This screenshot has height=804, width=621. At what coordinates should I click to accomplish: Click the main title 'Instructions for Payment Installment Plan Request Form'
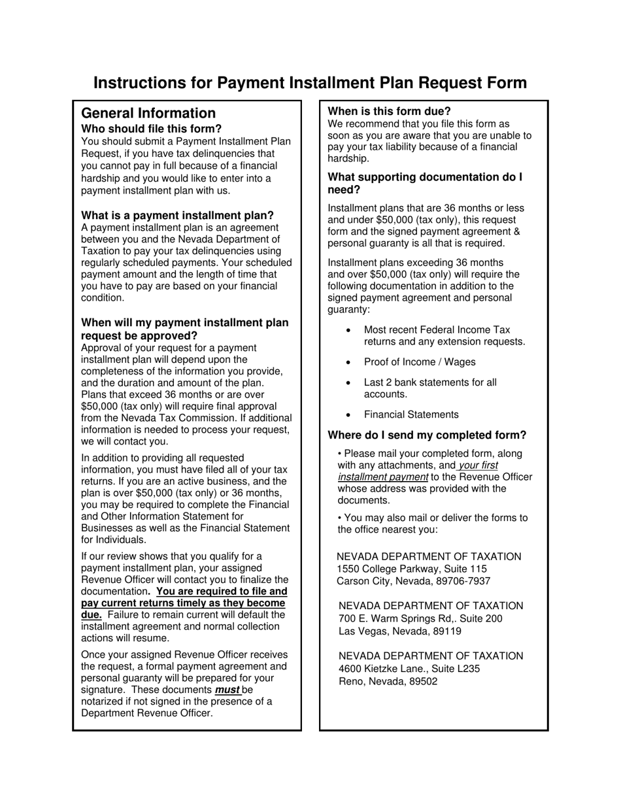click(x=310, y=83)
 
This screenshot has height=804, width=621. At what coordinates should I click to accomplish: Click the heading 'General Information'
click(x=148, y=113)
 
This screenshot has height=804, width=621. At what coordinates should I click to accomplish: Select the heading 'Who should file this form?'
click(x=151, y=129)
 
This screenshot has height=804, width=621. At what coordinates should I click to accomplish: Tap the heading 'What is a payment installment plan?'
click(x=177, y=216)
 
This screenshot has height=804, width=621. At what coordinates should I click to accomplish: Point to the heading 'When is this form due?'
click(x=389, y=111)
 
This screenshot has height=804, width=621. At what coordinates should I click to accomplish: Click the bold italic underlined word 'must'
click(x=227, y=690)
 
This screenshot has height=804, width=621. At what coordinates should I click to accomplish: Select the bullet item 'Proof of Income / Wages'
click(x=420, y=362)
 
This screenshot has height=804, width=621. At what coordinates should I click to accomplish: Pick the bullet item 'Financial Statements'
click(x=411, y=414)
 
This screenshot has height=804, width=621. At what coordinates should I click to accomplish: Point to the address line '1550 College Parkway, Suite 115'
click(x=412, y=569)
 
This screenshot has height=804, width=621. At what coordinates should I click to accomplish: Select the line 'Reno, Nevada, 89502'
click(x=388, y=681)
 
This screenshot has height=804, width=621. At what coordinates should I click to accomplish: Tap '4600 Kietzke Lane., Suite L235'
click(x=409, y=669)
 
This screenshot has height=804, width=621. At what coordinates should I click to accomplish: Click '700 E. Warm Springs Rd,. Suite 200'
click(x=420, y=618)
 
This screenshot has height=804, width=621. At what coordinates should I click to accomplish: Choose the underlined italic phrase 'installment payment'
click(x=382, y=477)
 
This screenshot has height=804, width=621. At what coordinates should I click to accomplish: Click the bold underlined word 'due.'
click(x=91, y=615)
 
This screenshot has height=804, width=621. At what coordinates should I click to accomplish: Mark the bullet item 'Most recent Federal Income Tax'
click(x=437, y=330)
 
